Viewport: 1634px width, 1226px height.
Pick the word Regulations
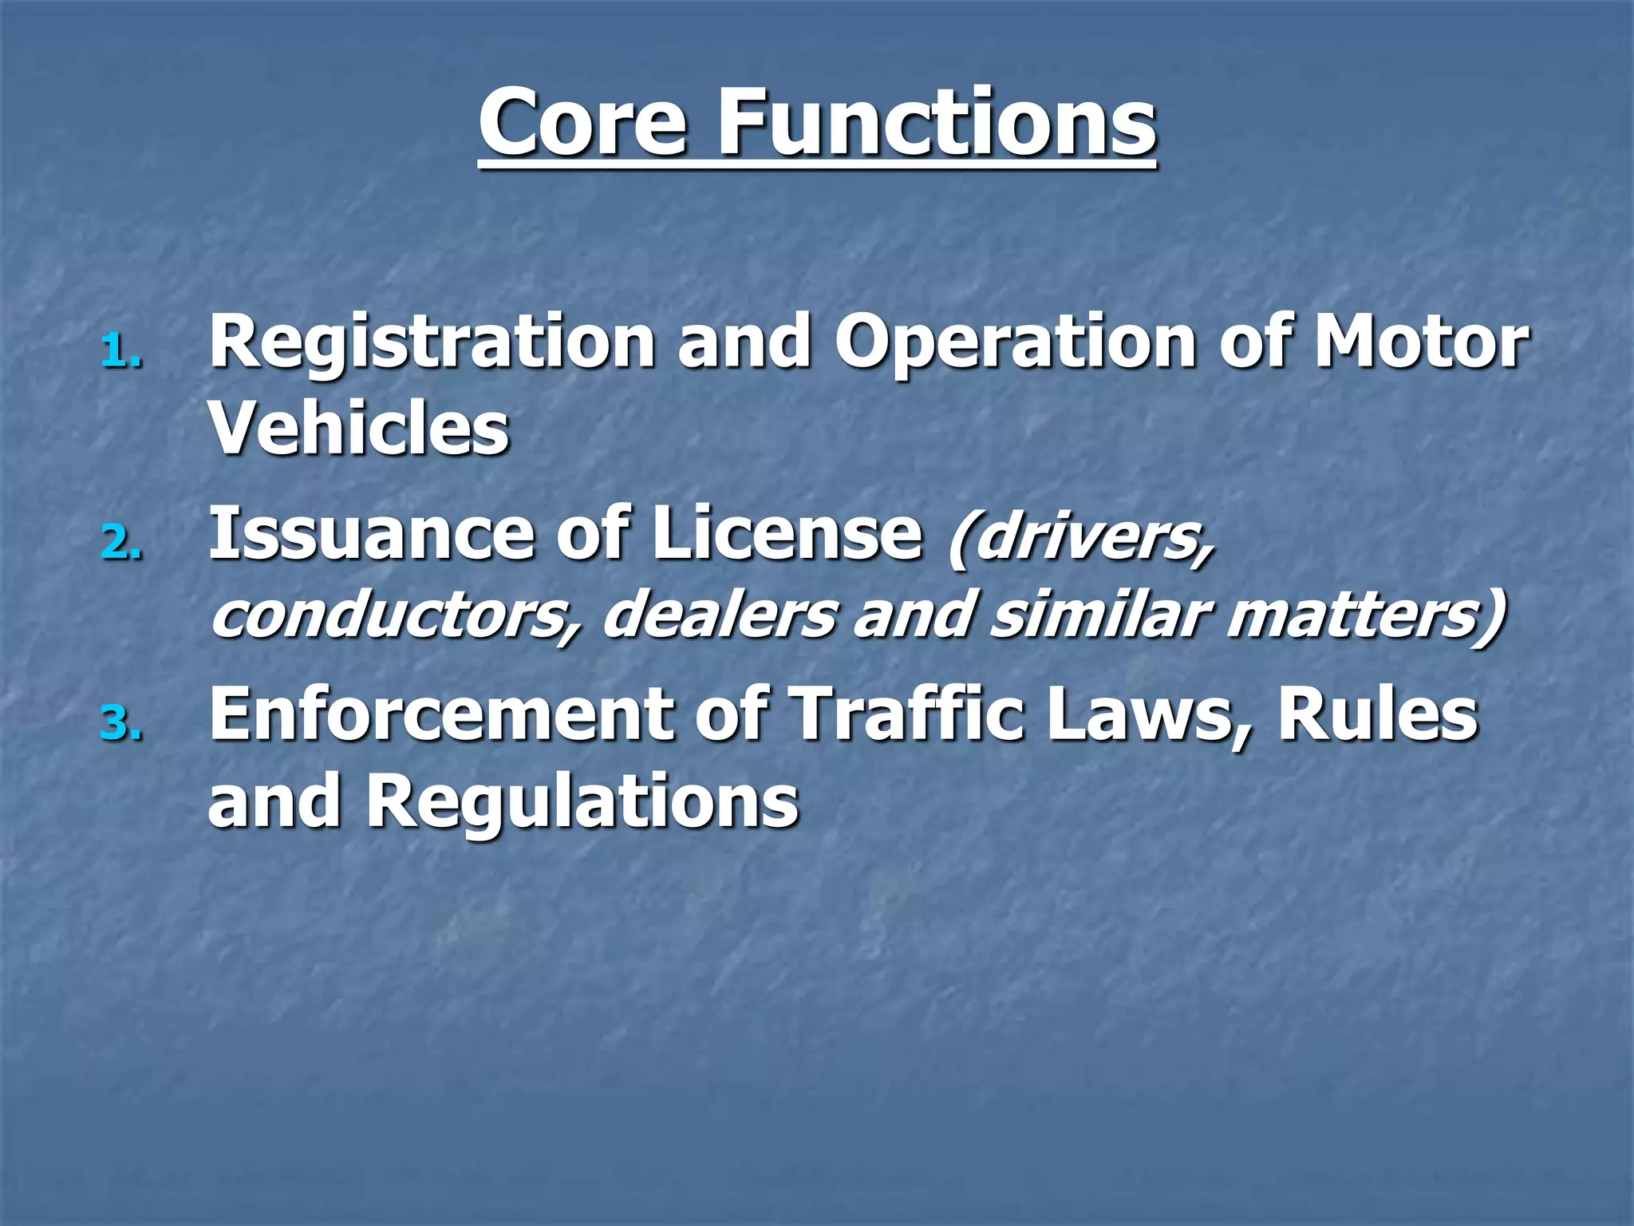[582, 801]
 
